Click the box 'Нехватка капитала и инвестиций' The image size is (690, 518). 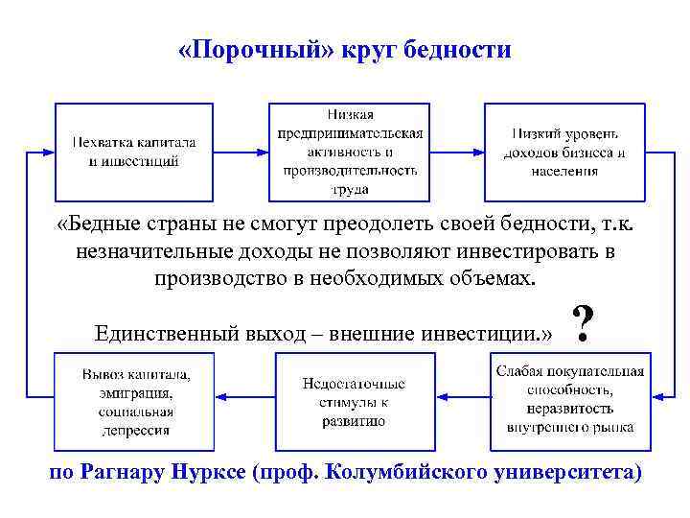click(x=133, y=151)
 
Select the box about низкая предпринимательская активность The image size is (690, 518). click(x=350, y=151)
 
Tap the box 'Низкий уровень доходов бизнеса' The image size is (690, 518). click(x=564, y=151)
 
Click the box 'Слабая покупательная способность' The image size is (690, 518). click(x=569, y=402)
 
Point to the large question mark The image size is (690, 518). click(x=580, y=327)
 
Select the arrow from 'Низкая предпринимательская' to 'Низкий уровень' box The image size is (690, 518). click(x=457, y=151)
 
